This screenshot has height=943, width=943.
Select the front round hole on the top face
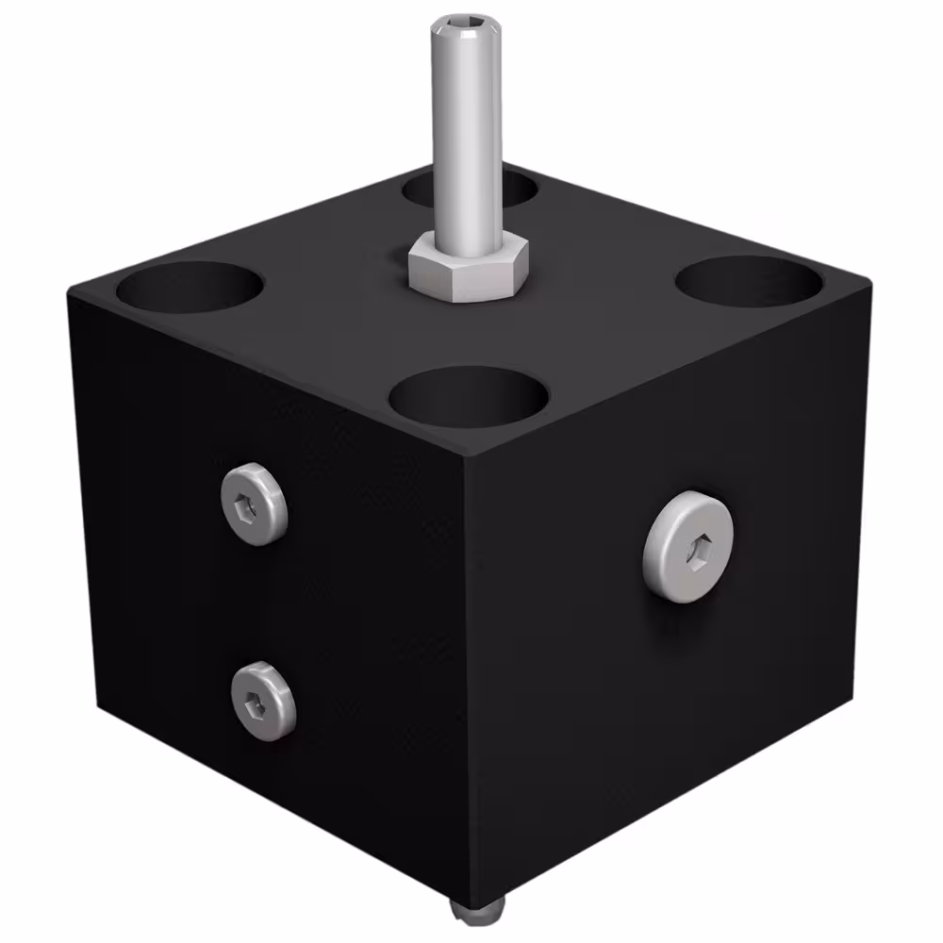point(469,397)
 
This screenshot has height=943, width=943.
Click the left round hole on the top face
point(193,289)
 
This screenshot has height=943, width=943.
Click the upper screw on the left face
point(254,504)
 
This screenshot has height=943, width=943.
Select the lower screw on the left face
point(263,700)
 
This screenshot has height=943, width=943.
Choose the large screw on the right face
point(689,546)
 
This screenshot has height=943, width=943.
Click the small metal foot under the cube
point(476,909)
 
